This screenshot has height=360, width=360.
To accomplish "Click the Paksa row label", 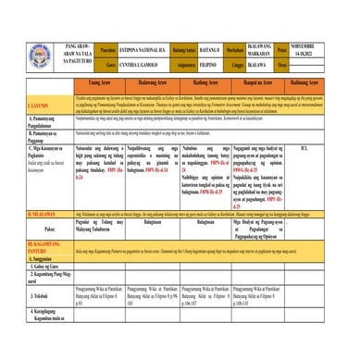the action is coord(37,227).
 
